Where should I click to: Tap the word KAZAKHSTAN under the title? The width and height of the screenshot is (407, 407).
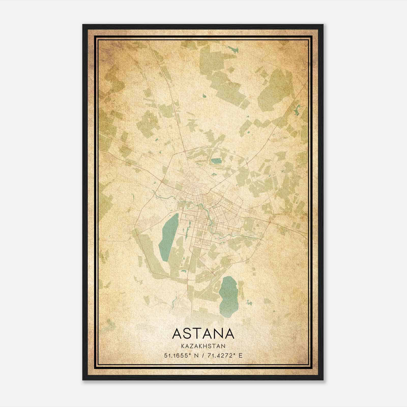[x=203, y=346]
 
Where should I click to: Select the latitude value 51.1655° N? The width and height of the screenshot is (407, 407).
[x=181, y=355]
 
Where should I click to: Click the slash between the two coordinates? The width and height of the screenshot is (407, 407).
[x=201, y=355]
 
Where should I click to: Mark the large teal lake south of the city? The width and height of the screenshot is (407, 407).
[x=229, y=296]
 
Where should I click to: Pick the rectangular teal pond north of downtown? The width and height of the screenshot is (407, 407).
[x=216, y=161]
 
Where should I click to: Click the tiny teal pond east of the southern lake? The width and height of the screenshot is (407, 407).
[x=249, y=303]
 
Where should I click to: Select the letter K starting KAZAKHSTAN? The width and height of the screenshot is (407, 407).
[x=183, y=346]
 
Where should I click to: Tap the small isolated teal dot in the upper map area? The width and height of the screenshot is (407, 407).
[x=204, y=96]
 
